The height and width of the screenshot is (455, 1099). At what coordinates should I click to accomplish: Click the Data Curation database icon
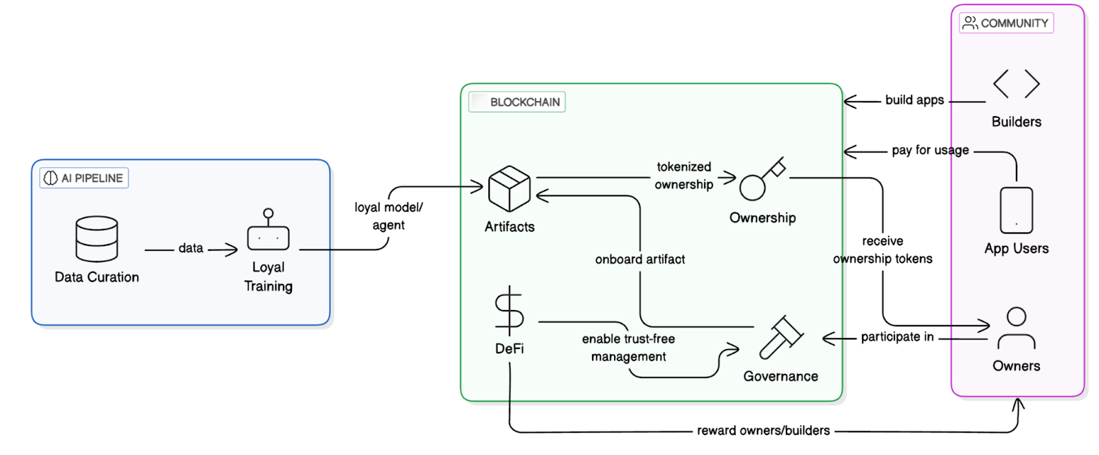97,238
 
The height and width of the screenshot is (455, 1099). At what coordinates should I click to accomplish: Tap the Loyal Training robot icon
268,231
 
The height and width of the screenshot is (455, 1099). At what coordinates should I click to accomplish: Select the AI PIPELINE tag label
84,178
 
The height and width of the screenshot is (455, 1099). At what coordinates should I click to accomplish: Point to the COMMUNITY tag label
1006,23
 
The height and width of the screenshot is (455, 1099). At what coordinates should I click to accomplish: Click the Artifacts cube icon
509,188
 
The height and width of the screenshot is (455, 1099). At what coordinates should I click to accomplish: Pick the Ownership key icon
761,179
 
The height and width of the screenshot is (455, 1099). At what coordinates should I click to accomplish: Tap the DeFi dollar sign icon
509,311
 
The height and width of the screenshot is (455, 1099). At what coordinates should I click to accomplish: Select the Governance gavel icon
781,337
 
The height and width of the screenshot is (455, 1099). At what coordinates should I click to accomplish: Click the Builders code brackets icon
1016,84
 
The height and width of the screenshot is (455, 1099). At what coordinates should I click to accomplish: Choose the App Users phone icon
1016,210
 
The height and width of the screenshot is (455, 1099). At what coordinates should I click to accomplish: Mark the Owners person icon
1016,329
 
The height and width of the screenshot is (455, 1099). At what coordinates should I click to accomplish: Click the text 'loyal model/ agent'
388,216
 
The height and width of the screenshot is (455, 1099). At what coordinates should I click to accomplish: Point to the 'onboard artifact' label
639,259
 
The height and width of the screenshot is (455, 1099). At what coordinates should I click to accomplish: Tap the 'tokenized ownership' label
683,175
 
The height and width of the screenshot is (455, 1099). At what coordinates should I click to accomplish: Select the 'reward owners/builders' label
763,430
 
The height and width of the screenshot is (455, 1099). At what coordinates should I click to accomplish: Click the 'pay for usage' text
930,150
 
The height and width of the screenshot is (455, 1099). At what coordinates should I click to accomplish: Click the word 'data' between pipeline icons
190,248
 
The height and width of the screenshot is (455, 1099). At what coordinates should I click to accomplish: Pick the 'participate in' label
897,337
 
